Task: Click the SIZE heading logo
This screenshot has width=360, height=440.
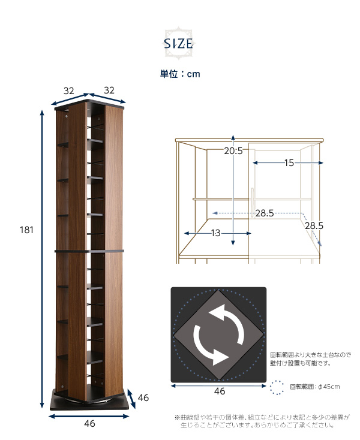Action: point(179,44)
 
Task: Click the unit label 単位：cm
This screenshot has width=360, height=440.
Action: point(180,74)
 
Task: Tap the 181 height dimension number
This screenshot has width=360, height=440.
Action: point(26,230)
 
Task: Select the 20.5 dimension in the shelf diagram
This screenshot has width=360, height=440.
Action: point(233,151)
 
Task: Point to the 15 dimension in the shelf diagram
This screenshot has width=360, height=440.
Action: point(289,163)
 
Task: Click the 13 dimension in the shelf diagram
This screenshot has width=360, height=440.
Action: point(215,233)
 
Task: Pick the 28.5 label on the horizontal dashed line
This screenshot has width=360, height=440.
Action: point(265,213)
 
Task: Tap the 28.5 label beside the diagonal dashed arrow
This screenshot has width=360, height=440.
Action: point(314,225)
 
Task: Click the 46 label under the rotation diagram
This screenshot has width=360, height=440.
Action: point(220,391)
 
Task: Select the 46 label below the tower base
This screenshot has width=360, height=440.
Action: point(89,424)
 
